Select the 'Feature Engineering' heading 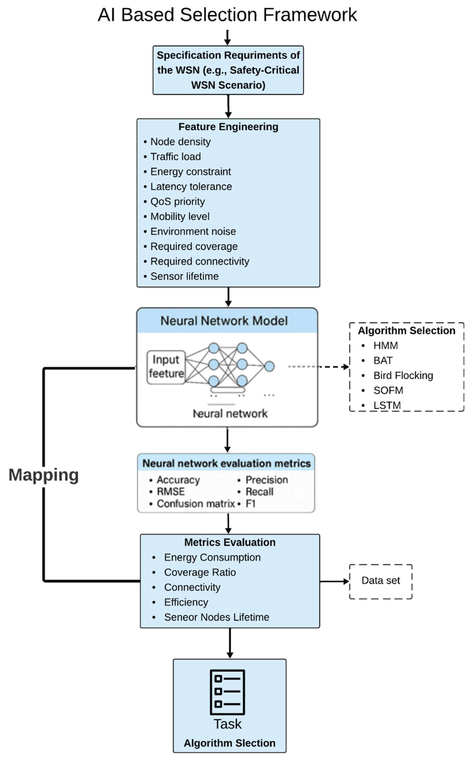click(228, 127)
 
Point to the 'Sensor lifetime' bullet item click(184, 276)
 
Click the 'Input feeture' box click(166, 367)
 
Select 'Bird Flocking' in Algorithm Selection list click(403, 375)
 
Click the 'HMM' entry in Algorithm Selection click(385, 345)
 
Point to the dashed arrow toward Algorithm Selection click(318, 367)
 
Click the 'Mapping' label click(43, 475)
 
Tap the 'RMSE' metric click(170, 492)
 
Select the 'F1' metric click(250, 504)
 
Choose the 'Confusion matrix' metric click(195, 504)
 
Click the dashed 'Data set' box click(381, 581)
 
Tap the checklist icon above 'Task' click(227, 692)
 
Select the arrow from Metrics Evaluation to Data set click(334, 581)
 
